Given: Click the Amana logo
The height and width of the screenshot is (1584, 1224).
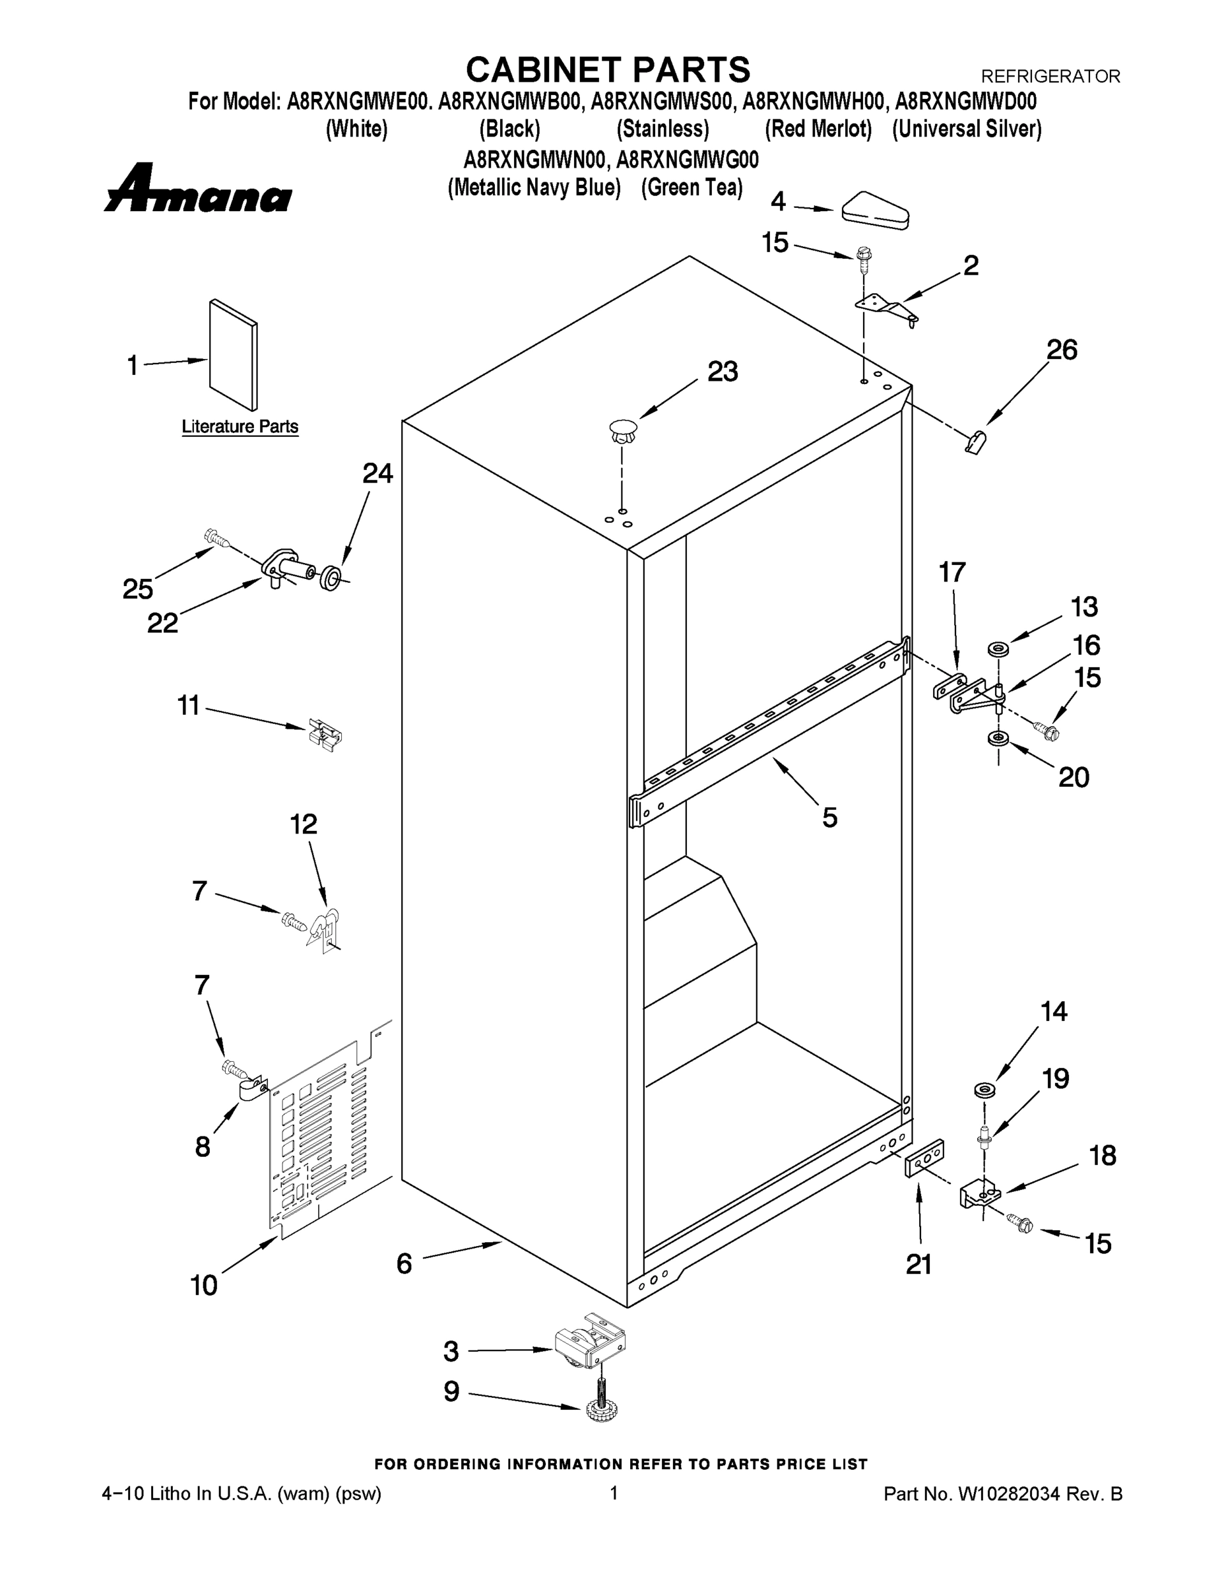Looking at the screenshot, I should click(x=197, y=188).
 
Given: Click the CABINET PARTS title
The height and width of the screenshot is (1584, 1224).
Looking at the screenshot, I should click(x=608, y=71).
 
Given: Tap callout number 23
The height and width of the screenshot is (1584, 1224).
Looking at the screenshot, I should click(x=723, y=372).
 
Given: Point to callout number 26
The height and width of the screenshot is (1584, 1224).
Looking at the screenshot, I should click(x=1062, y=350).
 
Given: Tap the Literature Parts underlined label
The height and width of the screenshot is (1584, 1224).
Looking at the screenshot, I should click(x=240, y=426).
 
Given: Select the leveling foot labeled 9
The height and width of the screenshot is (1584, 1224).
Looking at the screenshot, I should click(x=602, y=1406).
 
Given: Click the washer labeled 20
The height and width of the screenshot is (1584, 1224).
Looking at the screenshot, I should click(x=998, y=739).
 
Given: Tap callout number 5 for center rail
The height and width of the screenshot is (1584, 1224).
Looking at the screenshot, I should click(x=829, y=817).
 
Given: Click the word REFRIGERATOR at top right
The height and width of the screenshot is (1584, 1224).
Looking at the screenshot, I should click(x=1050, y=76).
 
